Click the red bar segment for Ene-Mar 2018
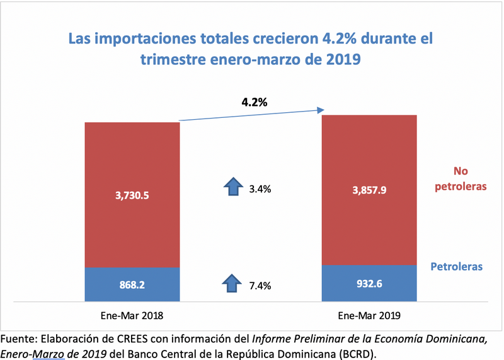[132, 164]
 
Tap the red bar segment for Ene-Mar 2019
[369, 158]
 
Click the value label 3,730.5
[132, 197]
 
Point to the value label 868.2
[132, 285]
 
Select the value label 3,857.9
[369, 189]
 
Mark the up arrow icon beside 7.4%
[234, 284]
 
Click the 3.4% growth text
[260, 188]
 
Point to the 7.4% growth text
[260, 286]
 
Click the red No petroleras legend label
[464, 178]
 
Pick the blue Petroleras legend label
[457, 267]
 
